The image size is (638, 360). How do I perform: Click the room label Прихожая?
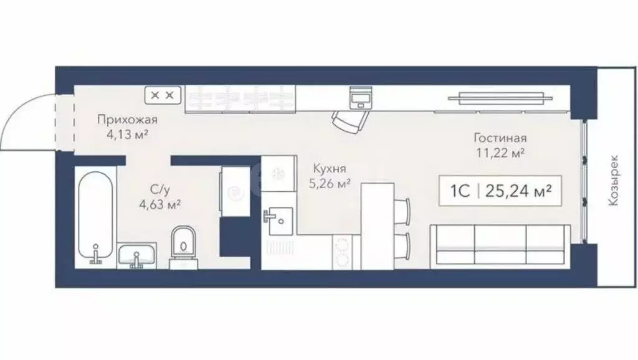[x=126, y=120]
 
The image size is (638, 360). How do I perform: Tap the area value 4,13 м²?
[x=126, y=134]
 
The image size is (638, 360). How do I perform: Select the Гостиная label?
[x=500, y=138]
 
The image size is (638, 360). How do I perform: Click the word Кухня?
[x=330, y=169]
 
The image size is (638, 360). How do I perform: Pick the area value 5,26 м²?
[x=330, y=183]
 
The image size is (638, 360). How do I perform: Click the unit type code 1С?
[x=460, y=192]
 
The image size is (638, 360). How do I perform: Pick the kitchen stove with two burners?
[x=341, y=252]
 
